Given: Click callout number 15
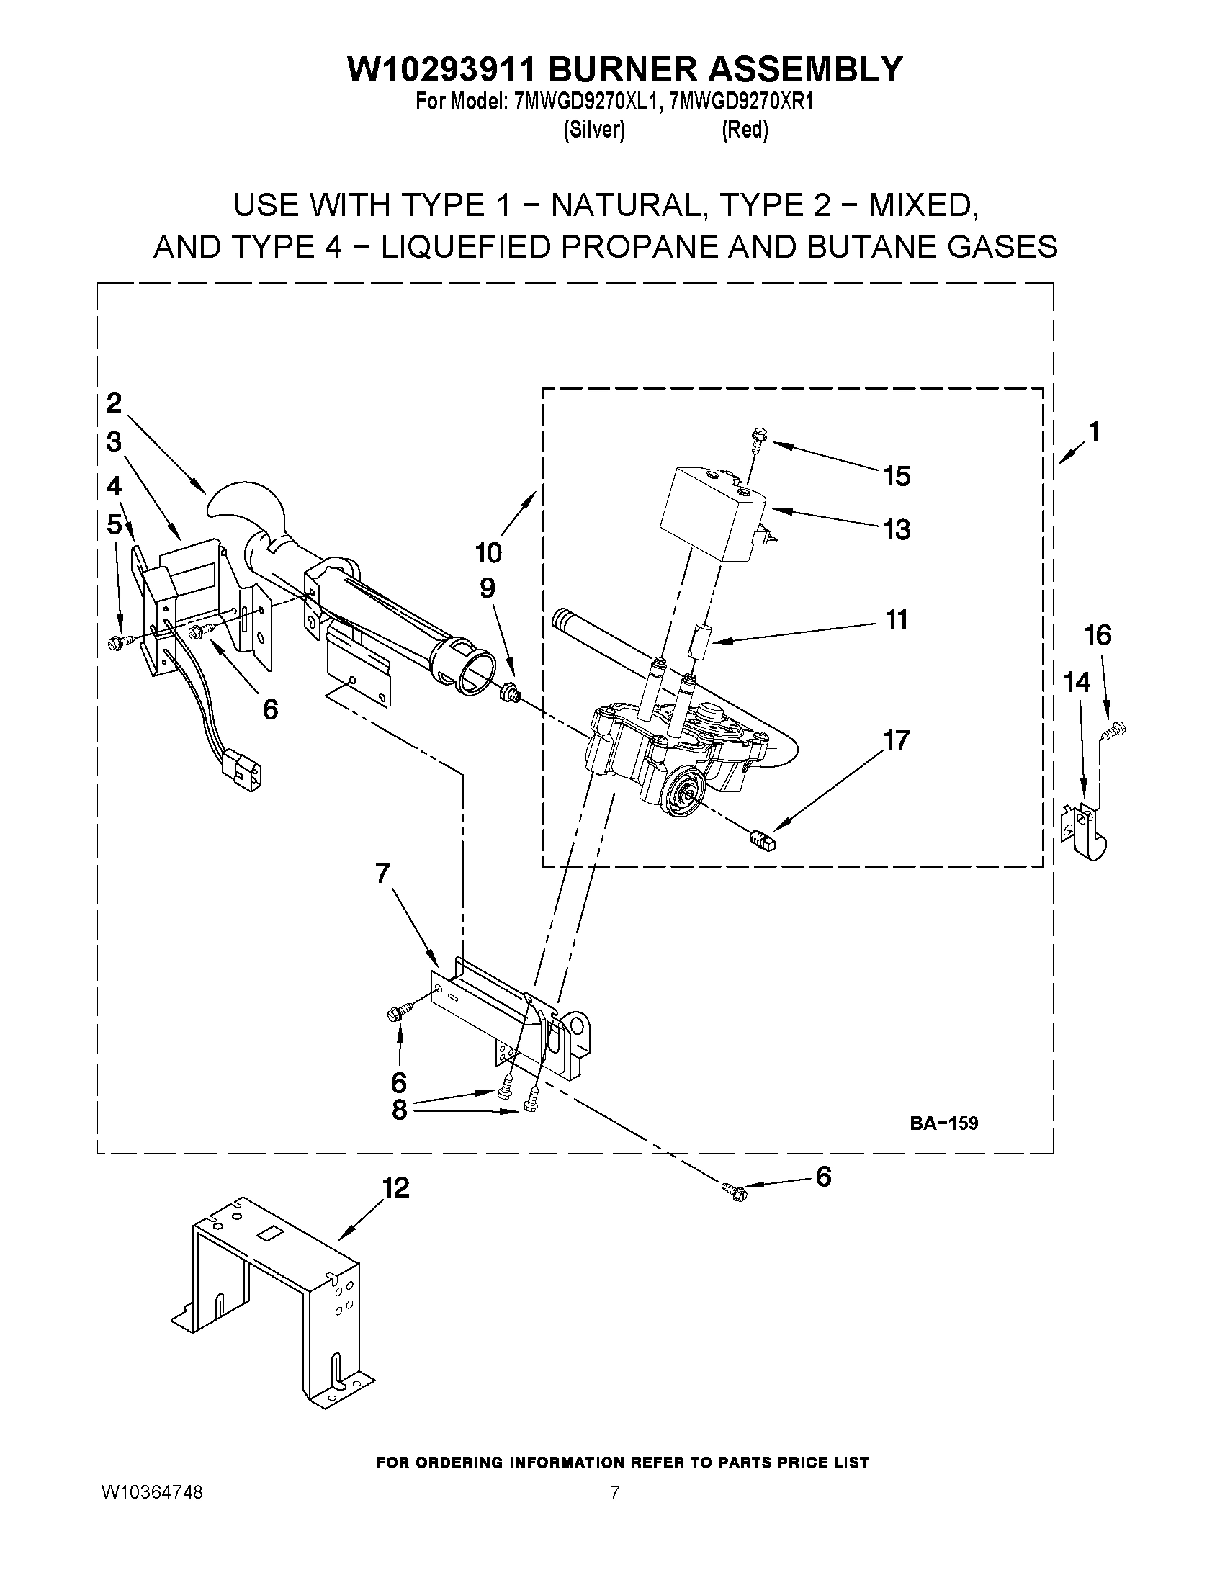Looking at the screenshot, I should [897, 476].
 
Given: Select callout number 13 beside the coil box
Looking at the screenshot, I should [897, 530].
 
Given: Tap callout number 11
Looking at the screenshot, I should [897, 620].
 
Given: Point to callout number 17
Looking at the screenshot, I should [897, 740].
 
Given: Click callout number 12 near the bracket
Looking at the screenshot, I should [395, 1188].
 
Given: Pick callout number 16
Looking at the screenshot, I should [1098, 636].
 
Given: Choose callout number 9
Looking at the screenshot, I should [487, 588].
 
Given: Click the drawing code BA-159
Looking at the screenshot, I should [943, 1123].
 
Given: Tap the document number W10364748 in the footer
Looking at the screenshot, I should [152, 1491].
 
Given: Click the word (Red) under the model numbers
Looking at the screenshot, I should [745, 130].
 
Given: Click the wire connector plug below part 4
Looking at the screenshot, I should [242, 768].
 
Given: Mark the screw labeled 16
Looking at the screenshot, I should [1114, 730].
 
